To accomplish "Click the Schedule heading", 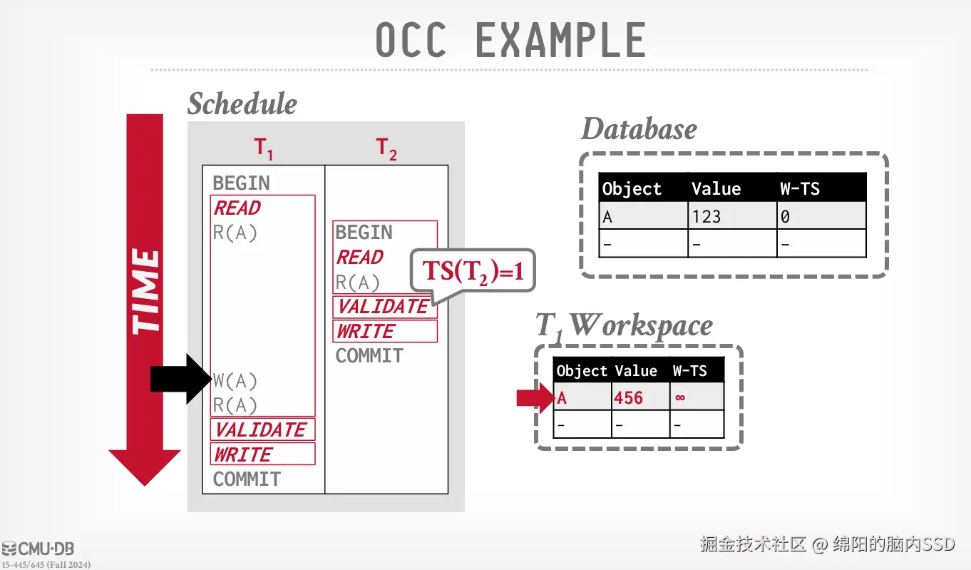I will coord(242,104).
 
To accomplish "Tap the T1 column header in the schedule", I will coord(264,148).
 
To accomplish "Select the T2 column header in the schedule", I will coord(386,148).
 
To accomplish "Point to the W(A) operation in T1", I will coord(235,381).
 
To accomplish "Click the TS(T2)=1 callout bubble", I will coord(472,272).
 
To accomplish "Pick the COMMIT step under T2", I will coord(369,355).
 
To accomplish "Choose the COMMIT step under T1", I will coord(247,479).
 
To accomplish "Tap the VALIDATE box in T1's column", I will coord(262,429).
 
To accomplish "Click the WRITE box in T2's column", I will coord(366,331).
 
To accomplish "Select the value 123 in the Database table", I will coord(706,216).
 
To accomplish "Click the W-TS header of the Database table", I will coord(800,189).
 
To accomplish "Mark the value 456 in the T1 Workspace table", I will coord(628,397).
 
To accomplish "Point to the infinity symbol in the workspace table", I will coord(680,397).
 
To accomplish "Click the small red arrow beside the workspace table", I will coord(534,397).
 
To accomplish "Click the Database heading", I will coord(639,129).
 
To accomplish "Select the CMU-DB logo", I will coord(38,549).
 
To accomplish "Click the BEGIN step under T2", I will coord(364,233).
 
